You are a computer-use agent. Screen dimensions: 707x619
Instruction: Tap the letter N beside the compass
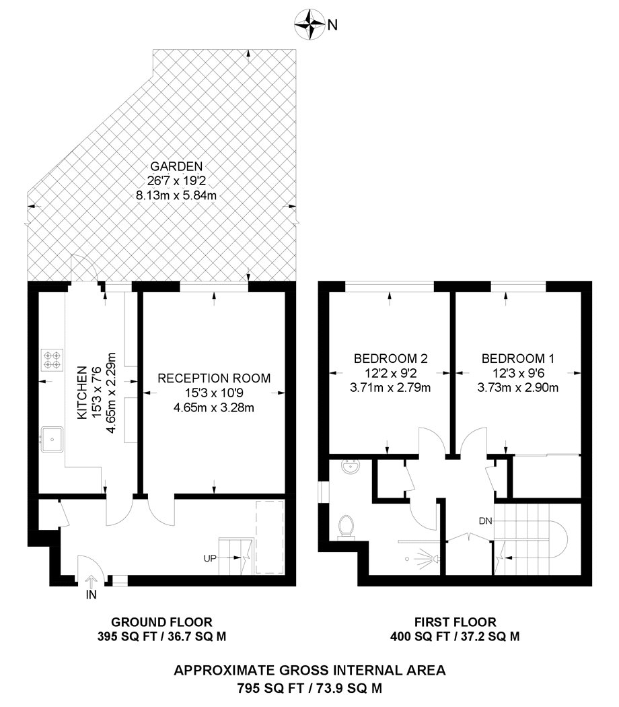332,26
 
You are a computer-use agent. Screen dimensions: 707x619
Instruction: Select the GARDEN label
177,166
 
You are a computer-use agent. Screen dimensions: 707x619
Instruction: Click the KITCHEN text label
82,393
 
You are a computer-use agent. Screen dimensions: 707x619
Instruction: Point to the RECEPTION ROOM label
214,378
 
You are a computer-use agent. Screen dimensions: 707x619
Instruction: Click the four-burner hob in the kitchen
52,359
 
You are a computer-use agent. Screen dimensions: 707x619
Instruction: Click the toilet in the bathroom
346,526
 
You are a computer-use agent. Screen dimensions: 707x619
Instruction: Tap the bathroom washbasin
349,467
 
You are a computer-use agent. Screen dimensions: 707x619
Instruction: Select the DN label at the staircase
486,520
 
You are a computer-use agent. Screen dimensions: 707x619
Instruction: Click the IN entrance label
91,595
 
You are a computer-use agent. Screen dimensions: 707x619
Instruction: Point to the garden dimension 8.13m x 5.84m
177,195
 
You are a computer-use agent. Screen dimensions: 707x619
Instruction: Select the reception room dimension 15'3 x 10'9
214,393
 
